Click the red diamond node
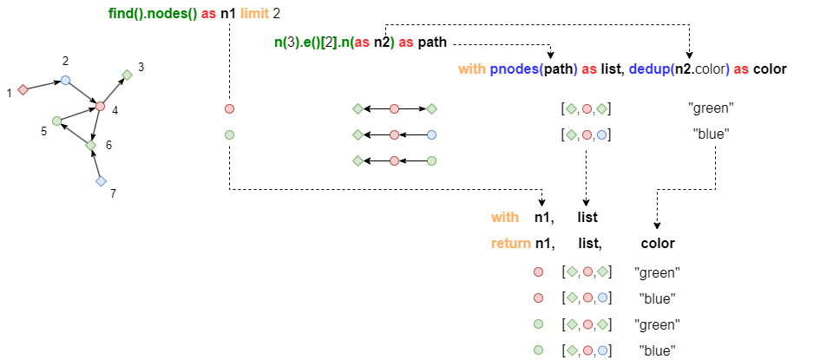(23, 89)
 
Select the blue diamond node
(101, 181)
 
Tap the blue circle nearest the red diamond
(65, 80)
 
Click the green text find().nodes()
(153, 14)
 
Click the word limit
(254, 14)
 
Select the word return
(510, 244)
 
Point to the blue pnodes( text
(516, 69)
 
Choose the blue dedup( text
(651, 69)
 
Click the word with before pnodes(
(471, 69)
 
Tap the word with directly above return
(504, 218)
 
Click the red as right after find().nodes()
(208, 14)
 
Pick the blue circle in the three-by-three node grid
(431, 134)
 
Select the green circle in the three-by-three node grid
(431, 160)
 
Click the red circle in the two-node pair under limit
(229, 108)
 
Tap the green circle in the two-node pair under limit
(229, 134)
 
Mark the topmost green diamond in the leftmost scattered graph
(127, 75)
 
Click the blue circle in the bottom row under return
(602, 350)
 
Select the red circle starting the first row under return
(538, 272)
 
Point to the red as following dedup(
(741, 69)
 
